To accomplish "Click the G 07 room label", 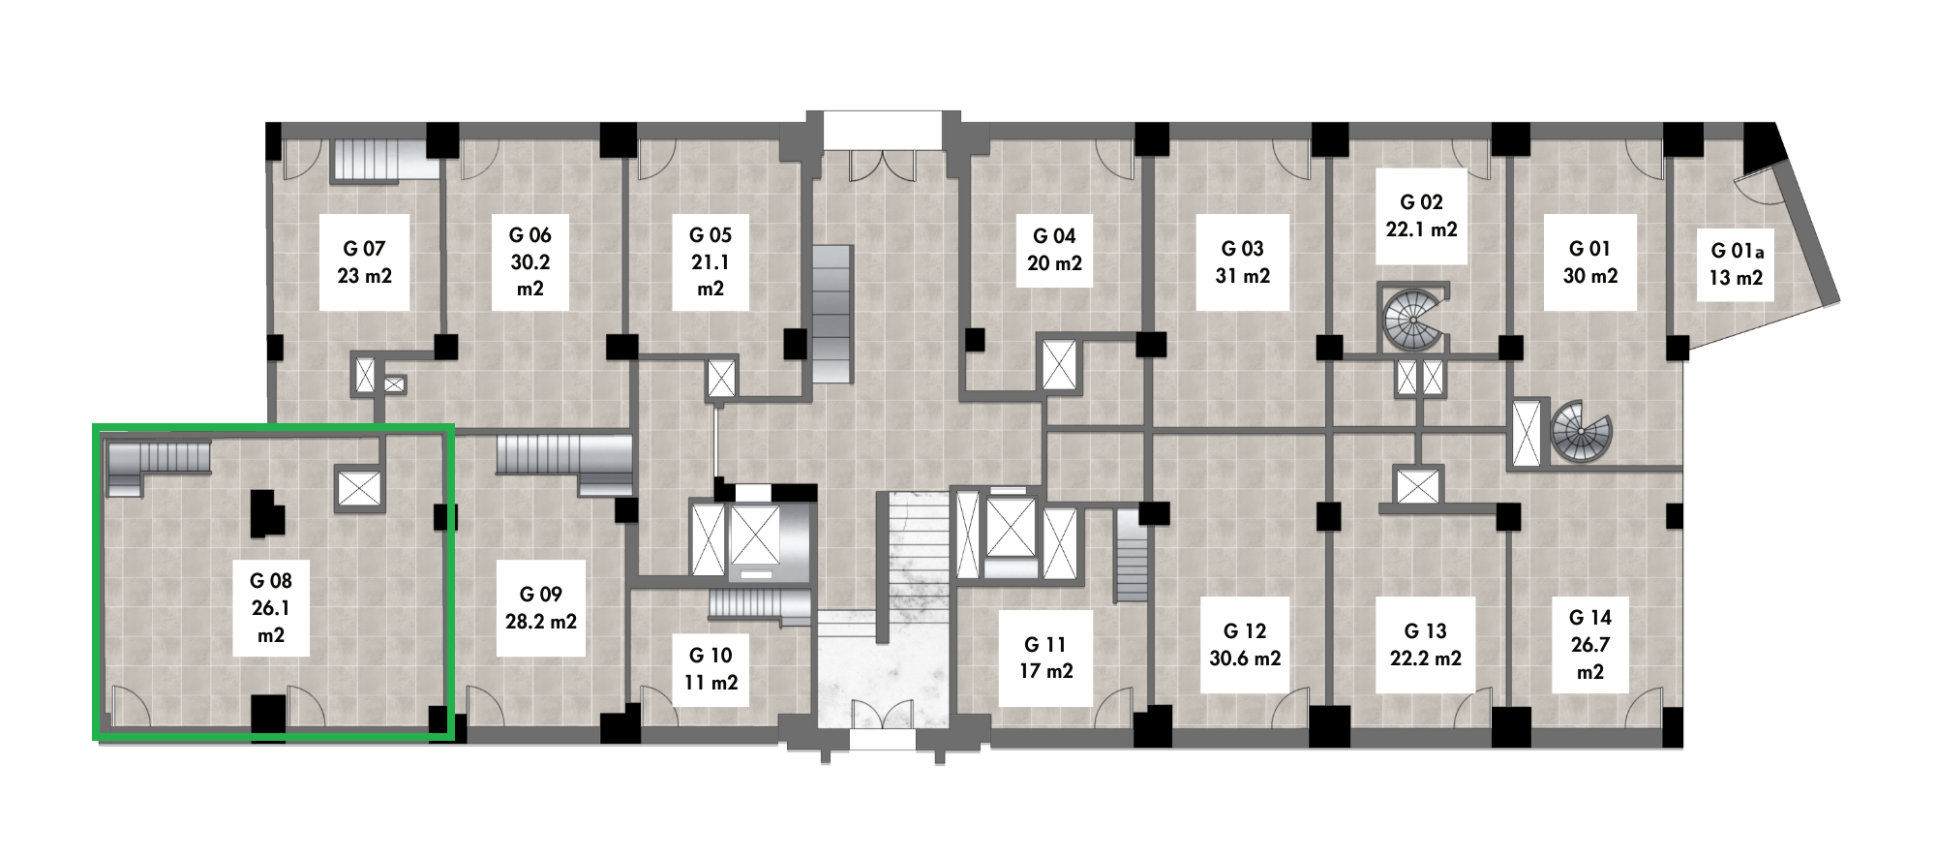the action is click(x=365, y=262).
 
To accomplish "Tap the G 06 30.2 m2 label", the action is click(x=530, y=261).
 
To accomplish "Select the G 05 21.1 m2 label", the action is click(x=711, y=261).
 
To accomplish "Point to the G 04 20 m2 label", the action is click(x=1054, y=250).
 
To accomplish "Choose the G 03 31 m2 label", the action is click(x=1243, y=261).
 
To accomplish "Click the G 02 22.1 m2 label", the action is click(x=1421, y=215).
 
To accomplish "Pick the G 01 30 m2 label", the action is click(x=1590, y=261).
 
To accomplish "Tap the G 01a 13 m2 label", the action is click(x=1737, y=264).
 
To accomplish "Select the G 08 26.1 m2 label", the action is click(x=271, y=607).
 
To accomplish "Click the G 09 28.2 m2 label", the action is click(x=541, y=607).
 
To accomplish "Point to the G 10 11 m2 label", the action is click(x=711, y=668).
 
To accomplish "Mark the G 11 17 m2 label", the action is click(x=1045, y=658).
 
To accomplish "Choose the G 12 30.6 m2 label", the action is click(x=1245, y=644).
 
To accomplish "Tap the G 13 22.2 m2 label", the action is click(x=1425, y=644).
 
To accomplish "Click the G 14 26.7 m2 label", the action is click(x=1590, y=644).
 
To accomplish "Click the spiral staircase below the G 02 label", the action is click(x=1414, y=317).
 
